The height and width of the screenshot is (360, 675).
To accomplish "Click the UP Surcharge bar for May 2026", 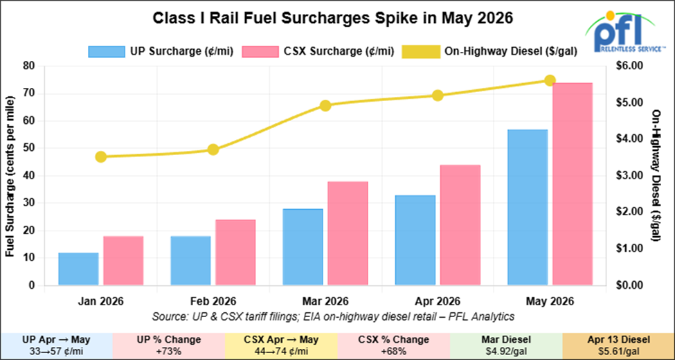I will (x=527, y=207).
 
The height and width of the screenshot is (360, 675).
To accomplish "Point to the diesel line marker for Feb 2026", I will (x=213, y=150).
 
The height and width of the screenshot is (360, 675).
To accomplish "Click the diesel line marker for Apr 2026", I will (x=438, y=96).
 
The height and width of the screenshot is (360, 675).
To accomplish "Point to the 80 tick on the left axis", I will (x=30, y=66).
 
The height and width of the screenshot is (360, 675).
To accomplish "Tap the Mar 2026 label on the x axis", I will (x=325, y=301).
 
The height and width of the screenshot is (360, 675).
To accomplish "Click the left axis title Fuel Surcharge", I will (x=10, y=176).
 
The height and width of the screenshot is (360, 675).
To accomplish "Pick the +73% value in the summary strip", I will (x=168, y=352).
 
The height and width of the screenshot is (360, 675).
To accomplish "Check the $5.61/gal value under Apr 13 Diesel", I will (x=618, y=352).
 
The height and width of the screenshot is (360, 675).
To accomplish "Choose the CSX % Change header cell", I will (x=393, y=339).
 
